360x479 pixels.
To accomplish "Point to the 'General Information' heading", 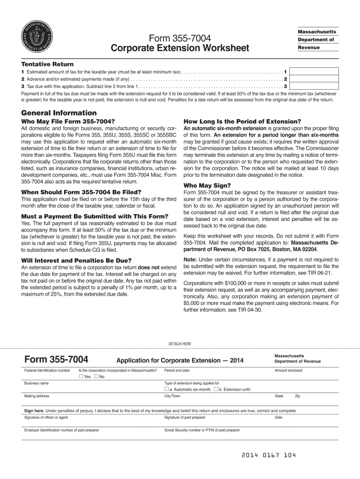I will coord(59,113).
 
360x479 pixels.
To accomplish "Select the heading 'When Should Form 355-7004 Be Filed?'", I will coord(81,192).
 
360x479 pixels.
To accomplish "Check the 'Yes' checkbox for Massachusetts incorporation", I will coord(81,377).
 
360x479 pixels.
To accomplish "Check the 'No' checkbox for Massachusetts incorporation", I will coord(96,377).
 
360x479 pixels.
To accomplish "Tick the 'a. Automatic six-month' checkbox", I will coord(166,389).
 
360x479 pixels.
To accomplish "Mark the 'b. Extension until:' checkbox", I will coord(216,389).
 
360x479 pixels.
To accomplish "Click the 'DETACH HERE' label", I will coord(180,344).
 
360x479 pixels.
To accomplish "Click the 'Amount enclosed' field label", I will coord(288,370).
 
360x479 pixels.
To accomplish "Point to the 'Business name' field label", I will coord(36,383).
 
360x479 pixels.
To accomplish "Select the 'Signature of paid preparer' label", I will coord(185,417).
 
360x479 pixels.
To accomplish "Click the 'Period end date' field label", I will coord(177,370).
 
